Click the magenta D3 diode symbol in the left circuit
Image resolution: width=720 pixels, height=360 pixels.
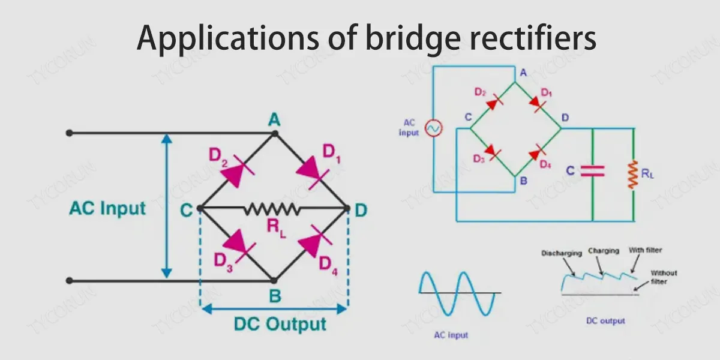tap(236, 245)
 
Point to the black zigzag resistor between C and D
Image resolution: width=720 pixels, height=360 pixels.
tap(272, 208)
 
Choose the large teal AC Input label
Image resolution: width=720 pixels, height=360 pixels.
tap(107, 208)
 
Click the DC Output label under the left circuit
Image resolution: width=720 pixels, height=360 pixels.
tap(280, 325)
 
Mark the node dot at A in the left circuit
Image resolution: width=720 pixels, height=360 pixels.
tap(275, 133)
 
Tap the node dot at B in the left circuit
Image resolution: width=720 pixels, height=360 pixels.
tap(274, 280)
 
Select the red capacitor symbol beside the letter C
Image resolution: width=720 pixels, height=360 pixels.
tap(592, 171)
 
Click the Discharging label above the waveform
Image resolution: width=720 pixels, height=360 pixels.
tap(561, 253)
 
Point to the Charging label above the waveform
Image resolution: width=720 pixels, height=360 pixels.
tap(603, 251)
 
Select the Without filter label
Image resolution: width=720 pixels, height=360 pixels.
tap(664, 277)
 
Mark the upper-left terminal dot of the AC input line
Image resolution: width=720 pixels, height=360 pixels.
tap(70, 133)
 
